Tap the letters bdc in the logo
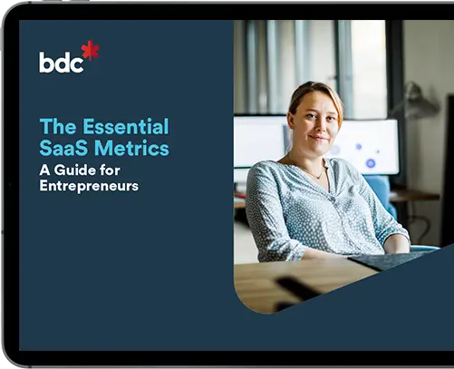tap(60, 62)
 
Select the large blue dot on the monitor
tap(371, 163)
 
